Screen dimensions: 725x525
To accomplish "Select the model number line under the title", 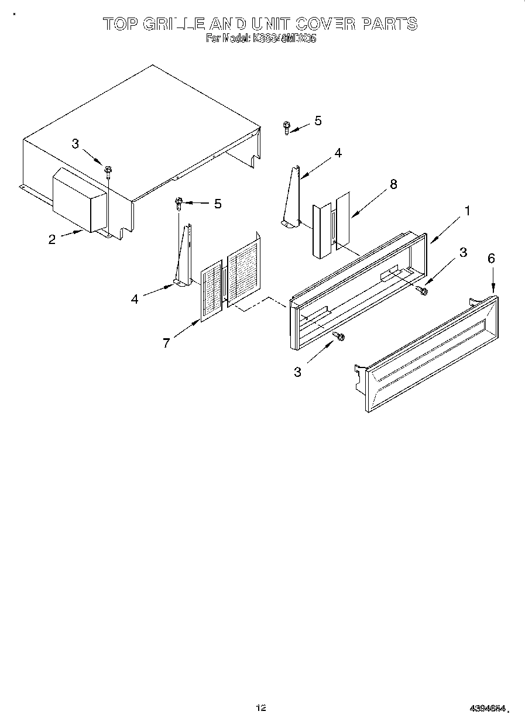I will [x=261, y=39].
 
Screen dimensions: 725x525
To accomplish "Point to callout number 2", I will [x=52, y=239].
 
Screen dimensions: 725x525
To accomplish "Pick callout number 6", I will [x=491, y=258].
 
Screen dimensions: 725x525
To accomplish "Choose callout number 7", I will [x=166, y=343].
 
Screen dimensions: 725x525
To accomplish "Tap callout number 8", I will [x=393, y=184].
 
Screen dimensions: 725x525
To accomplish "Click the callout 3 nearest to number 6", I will [x=463, y=252].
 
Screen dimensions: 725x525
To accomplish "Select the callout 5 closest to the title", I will [x=318, y=121].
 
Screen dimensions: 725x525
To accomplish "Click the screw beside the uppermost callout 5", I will [x=286, y=127].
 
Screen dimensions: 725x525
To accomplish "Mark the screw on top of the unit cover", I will [x=108, y=170].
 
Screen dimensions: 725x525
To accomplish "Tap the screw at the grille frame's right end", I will [x=423, y=290].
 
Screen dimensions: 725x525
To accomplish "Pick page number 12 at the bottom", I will [x=261, y=708].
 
